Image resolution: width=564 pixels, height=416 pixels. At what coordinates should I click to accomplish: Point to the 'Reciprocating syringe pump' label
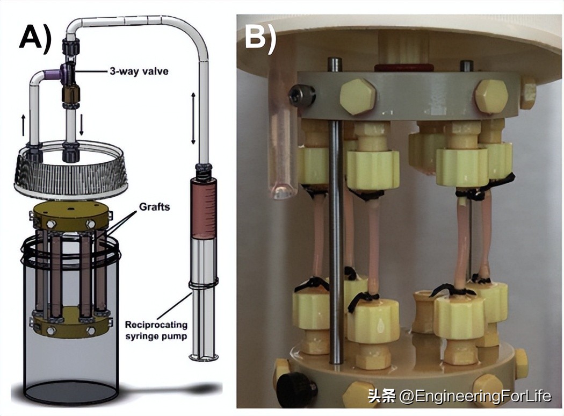156,330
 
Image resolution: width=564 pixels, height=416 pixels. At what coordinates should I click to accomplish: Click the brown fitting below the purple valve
70,96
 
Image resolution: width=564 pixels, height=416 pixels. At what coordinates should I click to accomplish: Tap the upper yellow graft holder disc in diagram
69,216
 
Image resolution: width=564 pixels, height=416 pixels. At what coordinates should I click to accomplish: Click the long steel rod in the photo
337,242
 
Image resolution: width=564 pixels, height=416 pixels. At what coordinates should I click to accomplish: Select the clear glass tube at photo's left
281,150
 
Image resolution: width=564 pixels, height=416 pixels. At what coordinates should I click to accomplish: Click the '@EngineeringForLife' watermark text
475,397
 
